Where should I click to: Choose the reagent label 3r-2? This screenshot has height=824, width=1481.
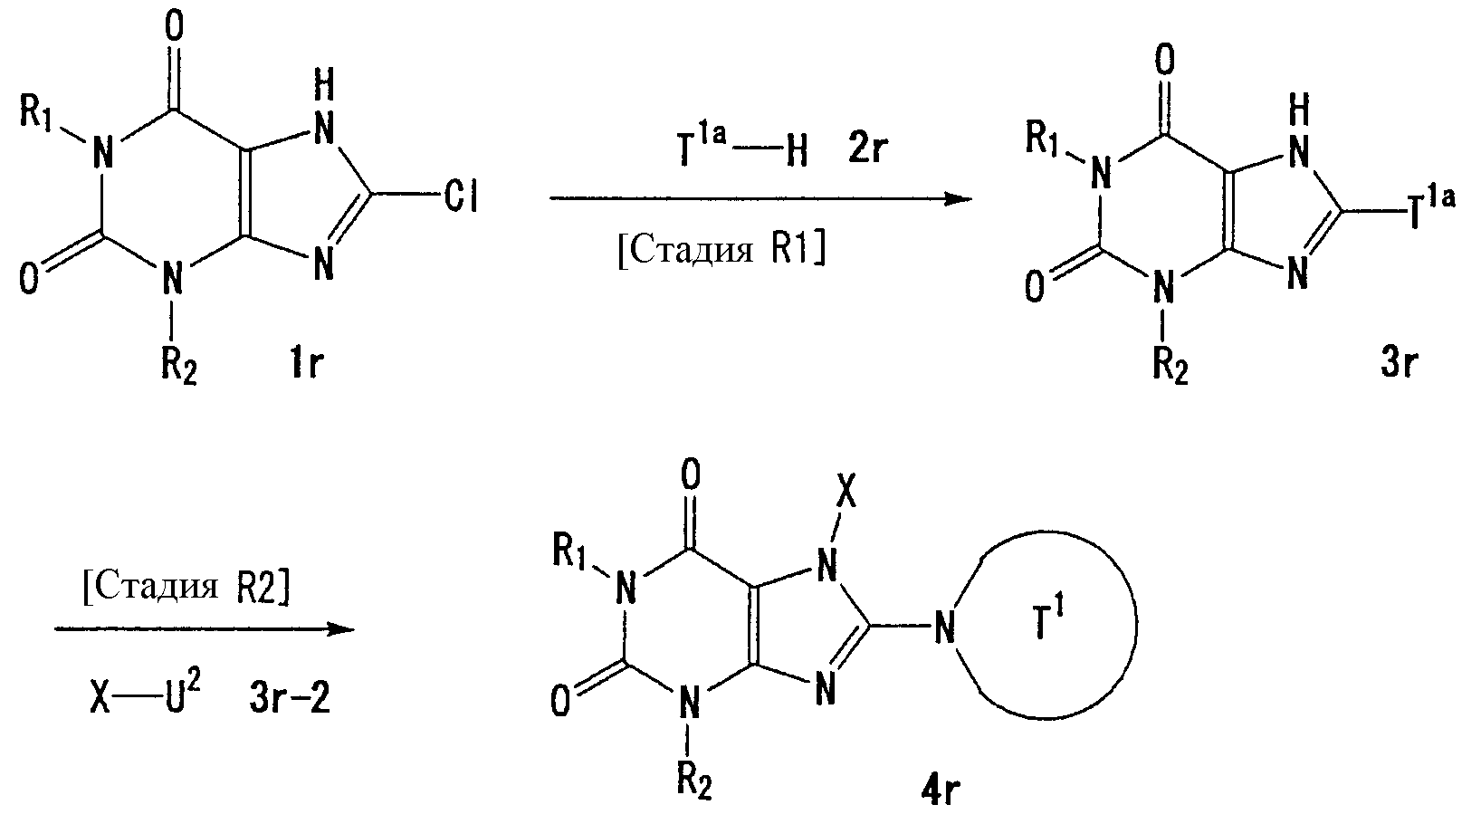290,698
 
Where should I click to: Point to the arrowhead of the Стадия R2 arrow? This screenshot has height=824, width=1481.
341,628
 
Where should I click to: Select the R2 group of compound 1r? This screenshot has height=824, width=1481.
178,365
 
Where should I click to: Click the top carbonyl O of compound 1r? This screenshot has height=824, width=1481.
174,25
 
